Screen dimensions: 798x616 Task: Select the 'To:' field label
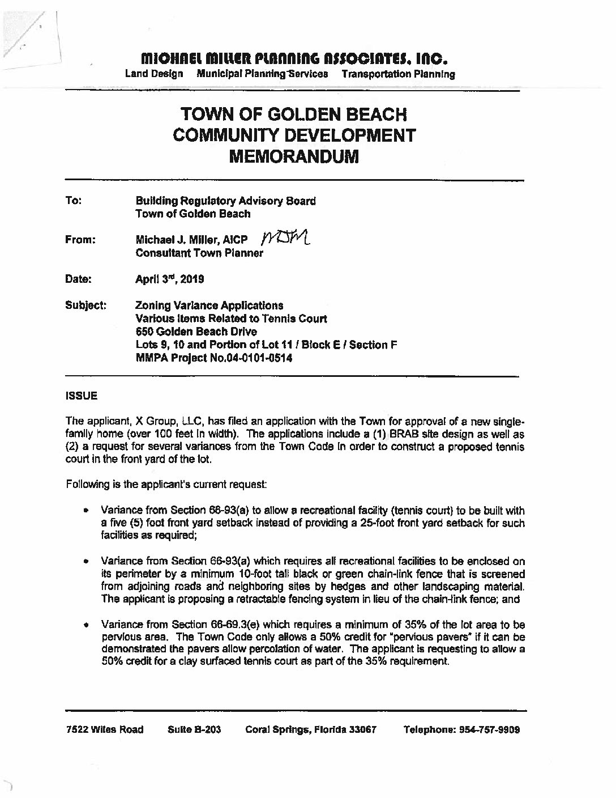pyautogui.click(x=74, y=201)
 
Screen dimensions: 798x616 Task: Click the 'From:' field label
pyautogui.click(x=80, y=240)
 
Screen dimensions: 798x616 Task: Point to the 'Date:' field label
pyautogui.click(x=78, y=279)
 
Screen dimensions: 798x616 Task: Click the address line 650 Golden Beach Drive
pyautogui.click(x=196, y=332)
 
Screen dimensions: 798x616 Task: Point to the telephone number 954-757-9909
pyautogui.click(x=489, y=729)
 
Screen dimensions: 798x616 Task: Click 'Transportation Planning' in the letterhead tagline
pyautogui.click(x=398, y=74)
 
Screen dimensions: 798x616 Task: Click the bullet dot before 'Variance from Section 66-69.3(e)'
pyautogui.click(x=87, y=626)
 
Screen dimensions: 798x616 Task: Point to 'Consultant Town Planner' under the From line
pyautogui.click(x=199, y=253)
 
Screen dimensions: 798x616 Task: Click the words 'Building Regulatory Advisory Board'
pyautogui.click(x=226, y=201)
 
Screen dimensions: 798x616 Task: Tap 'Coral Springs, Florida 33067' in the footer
pyautogui.click(x=311, y=729)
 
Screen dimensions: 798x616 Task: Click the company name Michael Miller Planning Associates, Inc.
pyautogui.click(x=294, y=58)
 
